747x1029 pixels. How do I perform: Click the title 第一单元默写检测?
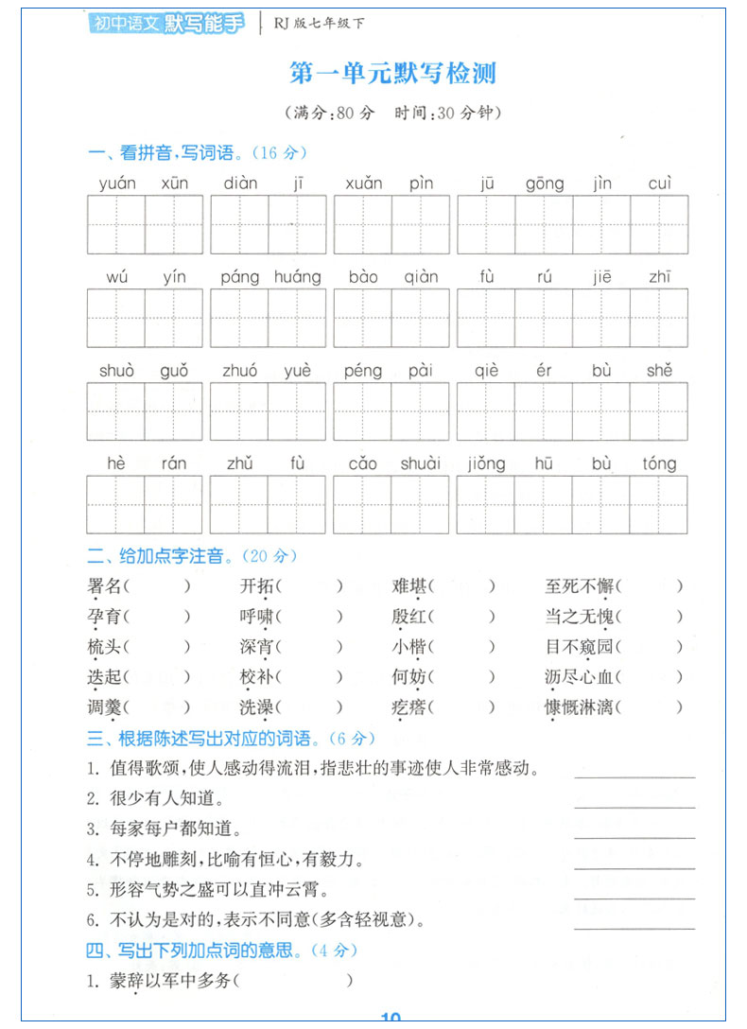pos(391,73)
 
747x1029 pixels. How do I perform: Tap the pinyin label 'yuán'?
pos(116,183)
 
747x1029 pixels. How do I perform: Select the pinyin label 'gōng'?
pos(545,183)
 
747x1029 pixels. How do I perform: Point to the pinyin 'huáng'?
pos(297,277)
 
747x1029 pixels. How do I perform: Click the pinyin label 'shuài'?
pos(420,463)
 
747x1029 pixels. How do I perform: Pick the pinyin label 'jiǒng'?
pos(486,463)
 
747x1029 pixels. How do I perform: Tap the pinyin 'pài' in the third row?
pos(420,371)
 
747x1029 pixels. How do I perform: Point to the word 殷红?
pos(409,617)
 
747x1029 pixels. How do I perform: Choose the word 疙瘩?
pos(409,706)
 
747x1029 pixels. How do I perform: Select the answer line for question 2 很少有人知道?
pos(634,806)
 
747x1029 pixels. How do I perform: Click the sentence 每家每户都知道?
pos(164,829)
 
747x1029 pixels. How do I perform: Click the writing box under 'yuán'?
pos(116,225)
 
